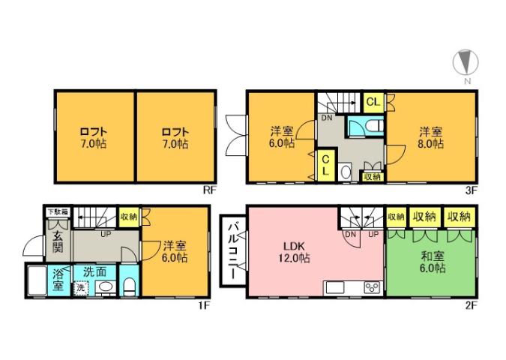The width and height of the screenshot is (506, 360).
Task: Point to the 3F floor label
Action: pyautogui.click(x=471, y=190)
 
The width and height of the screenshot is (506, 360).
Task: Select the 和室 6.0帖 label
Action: pyautogui.click(x=432, y=262)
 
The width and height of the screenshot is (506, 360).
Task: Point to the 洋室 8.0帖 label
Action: pyautogui.click(x=431, y=136)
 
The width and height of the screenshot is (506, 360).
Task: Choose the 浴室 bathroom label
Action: pyautogui.click(x=57, y=279)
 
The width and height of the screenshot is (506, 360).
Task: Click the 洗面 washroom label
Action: pyautogui.click(x=94, y=271)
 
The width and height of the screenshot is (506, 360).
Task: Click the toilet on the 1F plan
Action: pyautogui.click(x=129, y=286)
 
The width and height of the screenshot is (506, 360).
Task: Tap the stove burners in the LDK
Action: pyautogui.click(x=371, y=288)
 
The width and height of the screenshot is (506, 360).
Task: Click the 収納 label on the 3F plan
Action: pyautogui.click(x=371, y=177)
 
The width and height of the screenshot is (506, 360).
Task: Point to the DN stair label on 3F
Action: pyautogui.click(x=328, y=118)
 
